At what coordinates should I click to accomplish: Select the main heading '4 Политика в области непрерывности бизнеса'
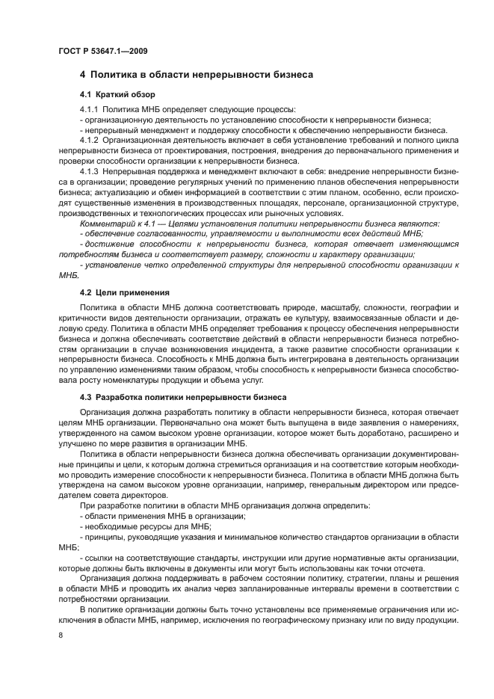pos(196,75)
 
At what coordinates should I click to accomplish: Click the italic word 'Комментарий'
pos(105,224)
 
